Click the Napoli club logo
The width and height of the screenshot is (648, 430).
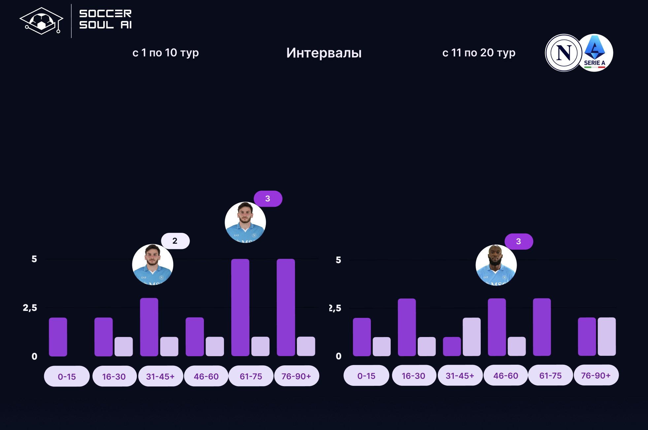tap(564, 53)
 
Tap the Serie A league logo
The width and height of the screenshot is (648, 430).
tap(595, 53)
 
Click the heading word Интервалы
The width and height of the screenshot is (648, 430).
tap(324, 53)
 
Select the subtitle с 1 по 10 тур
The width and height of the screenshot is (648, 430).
tap(166, 53)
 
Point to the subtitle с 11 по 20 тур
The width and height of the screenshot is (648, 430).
tap(479, 53)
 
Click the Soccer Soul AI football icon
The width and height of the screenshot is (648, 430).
tap(41, 21)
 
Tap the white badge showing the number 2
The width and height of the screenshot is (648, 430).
tap(175, 241)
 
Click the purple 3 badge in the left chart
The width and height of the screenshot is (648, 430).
tap(268, 199)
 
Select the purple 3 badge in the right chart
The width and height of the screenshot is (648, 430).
tap(519, 242)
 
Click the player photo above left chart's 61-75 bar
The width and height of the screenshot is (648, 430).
tap(245, 222)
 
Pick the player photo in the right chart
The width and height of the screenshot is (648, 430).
tap(496, 265)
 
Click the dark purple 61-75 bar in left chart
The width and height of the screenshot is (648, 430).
tap(240, 307)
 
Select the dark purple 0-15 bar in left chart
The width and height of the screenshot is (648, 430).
tap(58, 337)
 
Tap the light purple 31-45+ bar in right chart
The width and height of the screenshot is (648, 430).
tap(471, 337)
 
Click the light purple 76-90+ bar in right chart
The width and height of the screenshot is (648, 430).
tap(606, 337)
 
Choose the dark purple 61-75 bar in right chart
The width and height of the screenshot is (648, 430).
tap(542, 327)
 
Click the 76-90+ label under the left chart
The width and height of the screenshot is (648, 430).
tap(296, 376)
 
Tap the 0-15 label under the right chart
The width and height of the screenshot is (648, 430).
tap(366, 376)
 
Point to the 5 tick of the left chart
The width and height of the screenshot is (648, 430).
tap(34, 259)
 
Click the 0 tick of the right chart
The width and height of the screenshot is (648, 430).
tap(339, 356)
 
